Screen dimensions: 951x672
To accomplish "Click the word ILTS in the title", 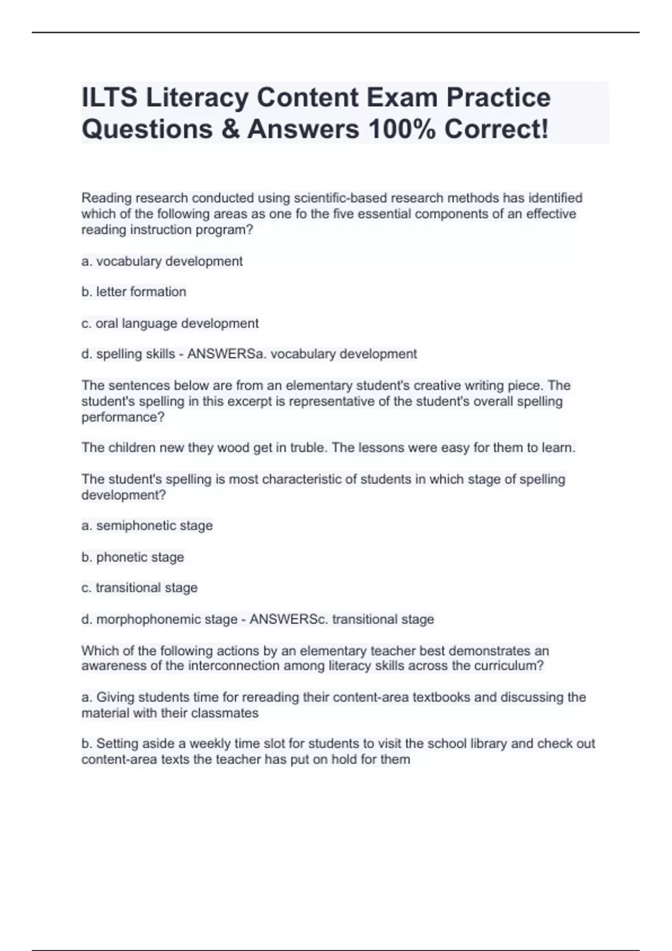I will click(x=110, y=98).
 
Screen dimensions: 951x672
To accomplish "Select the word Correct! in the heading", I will click(x=496, y=129).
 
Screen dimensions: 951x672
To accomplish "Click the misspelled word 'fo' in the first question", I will click(x=301, y=214).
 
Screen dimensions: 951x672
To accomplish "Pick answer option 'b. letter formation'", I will click(x=134, y=292).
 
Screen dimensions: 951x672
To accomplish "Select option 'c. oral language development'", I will click(x=170, y=323).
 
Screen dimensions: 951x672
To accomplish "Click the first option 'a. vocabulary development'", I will click(x=162, y=261).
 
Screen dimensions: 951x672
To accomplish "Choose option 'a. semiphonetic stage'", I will click(x=147, y=526).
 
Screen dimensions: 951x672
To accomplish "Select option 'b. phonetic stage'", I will click(x=133, y=557).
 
